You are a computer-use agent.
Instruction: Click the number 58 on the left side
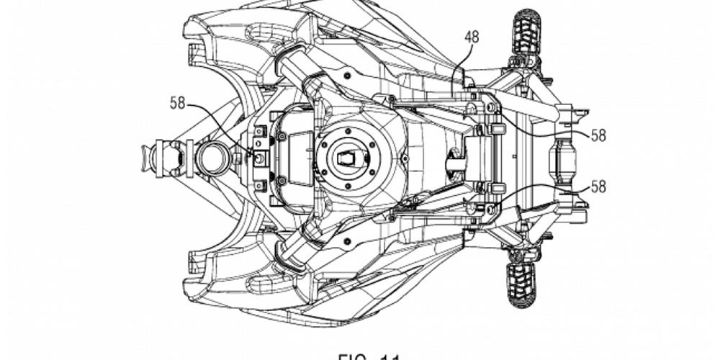click(178, 103)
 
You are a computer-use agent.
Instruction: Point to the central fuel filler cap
click(348, 156)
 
